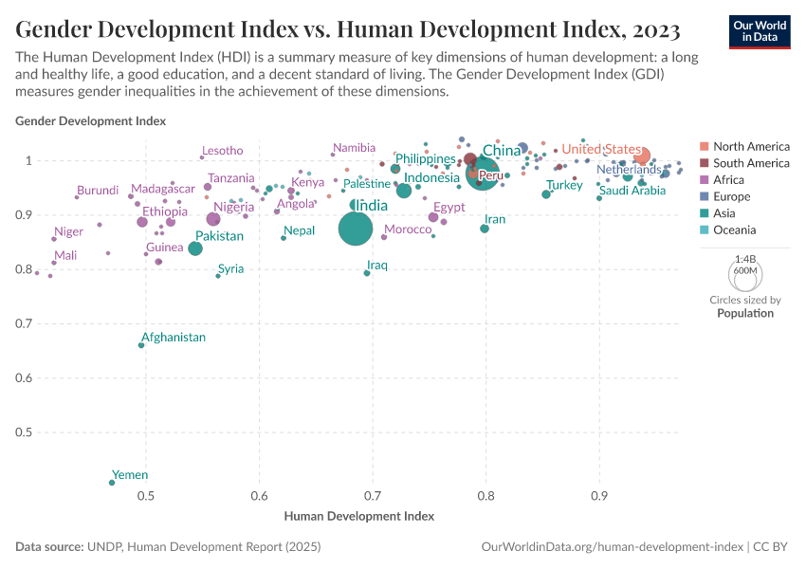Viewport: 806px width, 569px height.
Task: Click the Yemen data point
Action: [x=112, y=483]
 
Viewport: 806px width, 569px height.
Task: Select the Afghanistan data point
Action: [x=141, y=345]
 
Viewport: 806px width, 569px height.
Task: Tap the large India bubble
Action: [x=356, y=229]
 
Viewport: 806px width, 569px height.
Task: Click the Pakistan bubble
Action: [x=195, y=248]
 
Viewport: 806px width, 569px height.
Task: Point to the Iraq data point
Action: [x=367, y=273]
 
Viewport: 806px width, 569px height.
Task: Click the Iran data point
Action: [x=485, y=229]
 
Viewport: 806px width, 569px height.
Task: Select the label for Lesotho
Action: [x=223, y=151]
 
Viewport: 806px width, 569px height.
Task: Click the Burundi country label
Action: [x=98, y=191]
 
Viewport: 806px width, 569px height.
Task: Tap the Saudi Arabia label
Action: [x=632, y=191]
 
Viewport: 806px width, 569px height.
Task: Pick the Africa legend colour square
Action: [x=704, y=180]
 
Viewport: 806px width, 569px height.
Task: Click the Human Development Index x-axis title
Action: [x=359, y=517]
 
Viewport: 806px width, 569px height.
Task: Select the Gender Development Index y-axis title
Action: [x=91, y=121]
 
